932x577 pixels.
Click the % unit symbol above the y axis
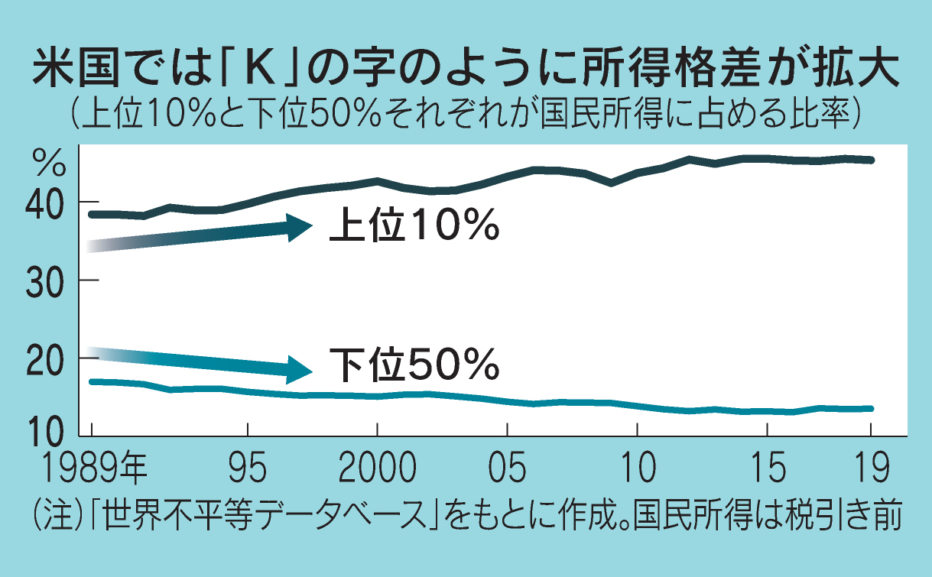click(47, 162)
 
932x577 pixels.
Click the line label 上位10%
click(414, 226)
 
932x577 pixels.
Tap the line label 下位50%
click(414, 365)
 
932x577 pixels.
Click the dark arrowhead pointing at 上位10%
click(299, 227)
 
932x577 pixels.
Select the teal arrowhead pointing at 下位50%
click(299, 369)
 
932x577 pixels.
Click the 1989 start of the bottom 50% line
click(92, 381)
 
